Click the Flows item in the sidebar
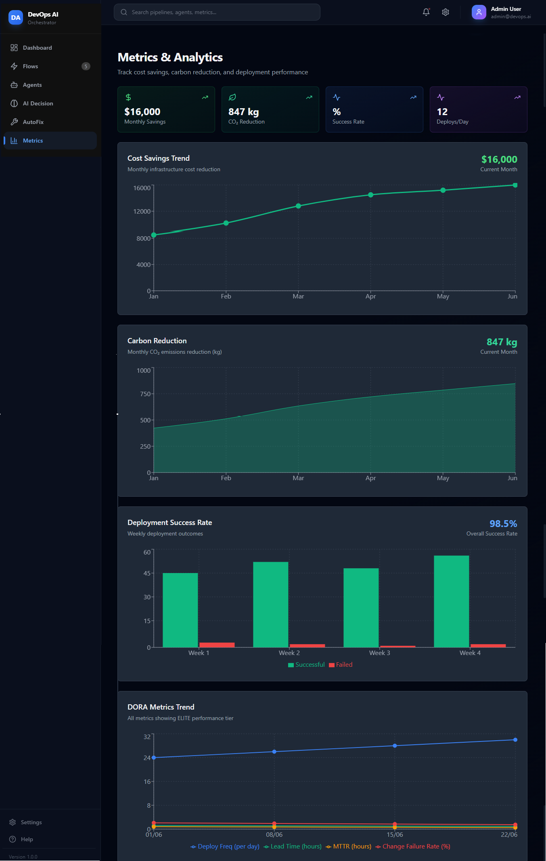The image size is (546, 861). [31, 66]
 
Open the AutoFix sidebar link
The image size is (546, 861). [33, 122]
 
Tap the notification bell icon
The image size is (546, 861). [426, 12]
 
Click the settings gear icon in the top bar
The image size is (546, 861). [446, 12]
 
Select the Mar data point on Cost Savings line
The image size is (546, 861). [298, 206]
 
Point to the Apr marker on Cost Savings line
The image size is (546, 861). [371, 195]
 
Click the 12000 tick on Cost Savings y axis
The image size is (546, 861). [142, 212]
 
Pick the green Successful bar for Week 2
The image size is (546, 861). [270, 604]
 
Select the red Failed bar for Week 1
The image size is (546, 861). [217, 645]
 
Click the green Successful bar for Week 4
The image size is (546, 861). [451, 601]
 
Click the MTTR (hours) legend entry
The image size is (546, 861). [349, 846]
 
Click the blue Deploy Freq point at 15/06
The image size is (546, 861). [395, 745]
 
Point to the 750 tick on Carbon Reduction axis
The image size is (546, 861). [145, 394]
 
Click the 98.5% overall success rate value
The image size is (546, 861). [503, 524]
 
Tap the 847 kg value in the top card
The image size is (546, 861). [243, 112]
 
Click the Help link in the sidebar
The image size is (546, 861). [27, 839]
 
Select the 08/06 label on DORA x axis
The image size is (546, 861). [274, 835]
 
